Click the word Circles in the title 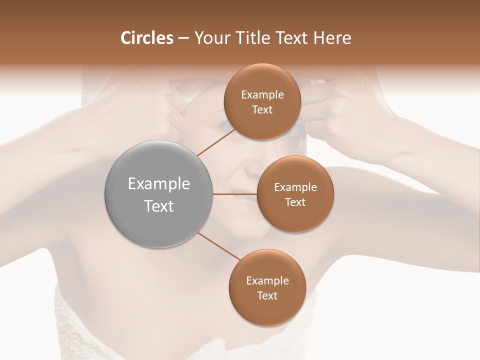146,38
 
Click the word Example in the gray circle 159,184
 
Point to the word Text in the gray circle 159,206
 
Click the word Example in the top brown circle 262,95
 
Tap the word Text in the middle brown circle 295,202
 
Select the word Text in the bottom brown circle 267,295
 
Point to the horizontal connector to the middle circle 235,194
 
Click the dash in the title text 183,38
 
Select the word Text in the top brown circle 262,110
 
